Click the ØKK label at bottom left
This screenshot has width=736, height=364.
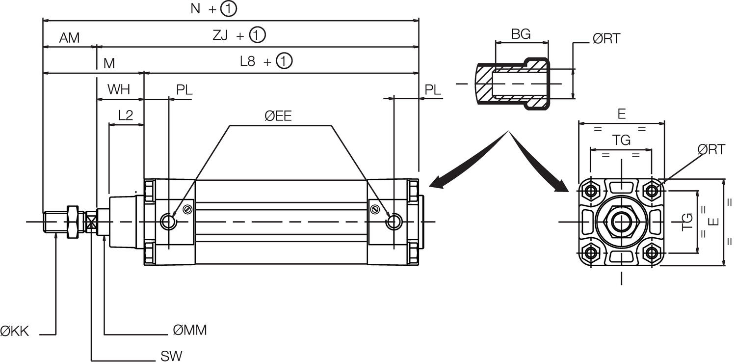[x=15, y=332]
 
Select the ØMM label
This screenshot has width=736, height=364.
[x=190, y=331]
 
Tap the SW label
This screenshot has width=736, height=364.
[x=171, y=356]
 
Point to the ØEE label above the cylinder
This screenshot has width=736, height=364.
[x=278, y=116]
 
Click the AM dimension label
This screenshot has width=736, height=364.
[x=69, y=38]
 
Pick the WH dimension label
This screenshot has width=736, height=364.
[x=119, y=90]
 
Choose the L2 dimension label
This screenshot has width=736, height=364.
[x=126, y=115]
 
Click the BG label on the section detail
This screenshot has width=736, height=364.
[x=521, y=34]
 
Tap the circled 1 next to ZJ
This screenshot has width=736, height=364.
[x=257, y=35]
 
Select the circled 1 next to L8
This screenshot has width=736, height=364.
[x=284, y=61]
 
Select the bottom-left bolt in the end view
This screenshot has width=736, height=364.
[x=592, y=253]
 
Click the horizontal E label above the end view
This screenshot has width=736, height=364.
[x=621, y=114]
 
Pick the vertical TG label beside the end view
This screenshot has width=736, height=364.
[x=688, y=222]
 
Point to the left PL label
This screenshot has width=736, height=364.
[x=184, y=90]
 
